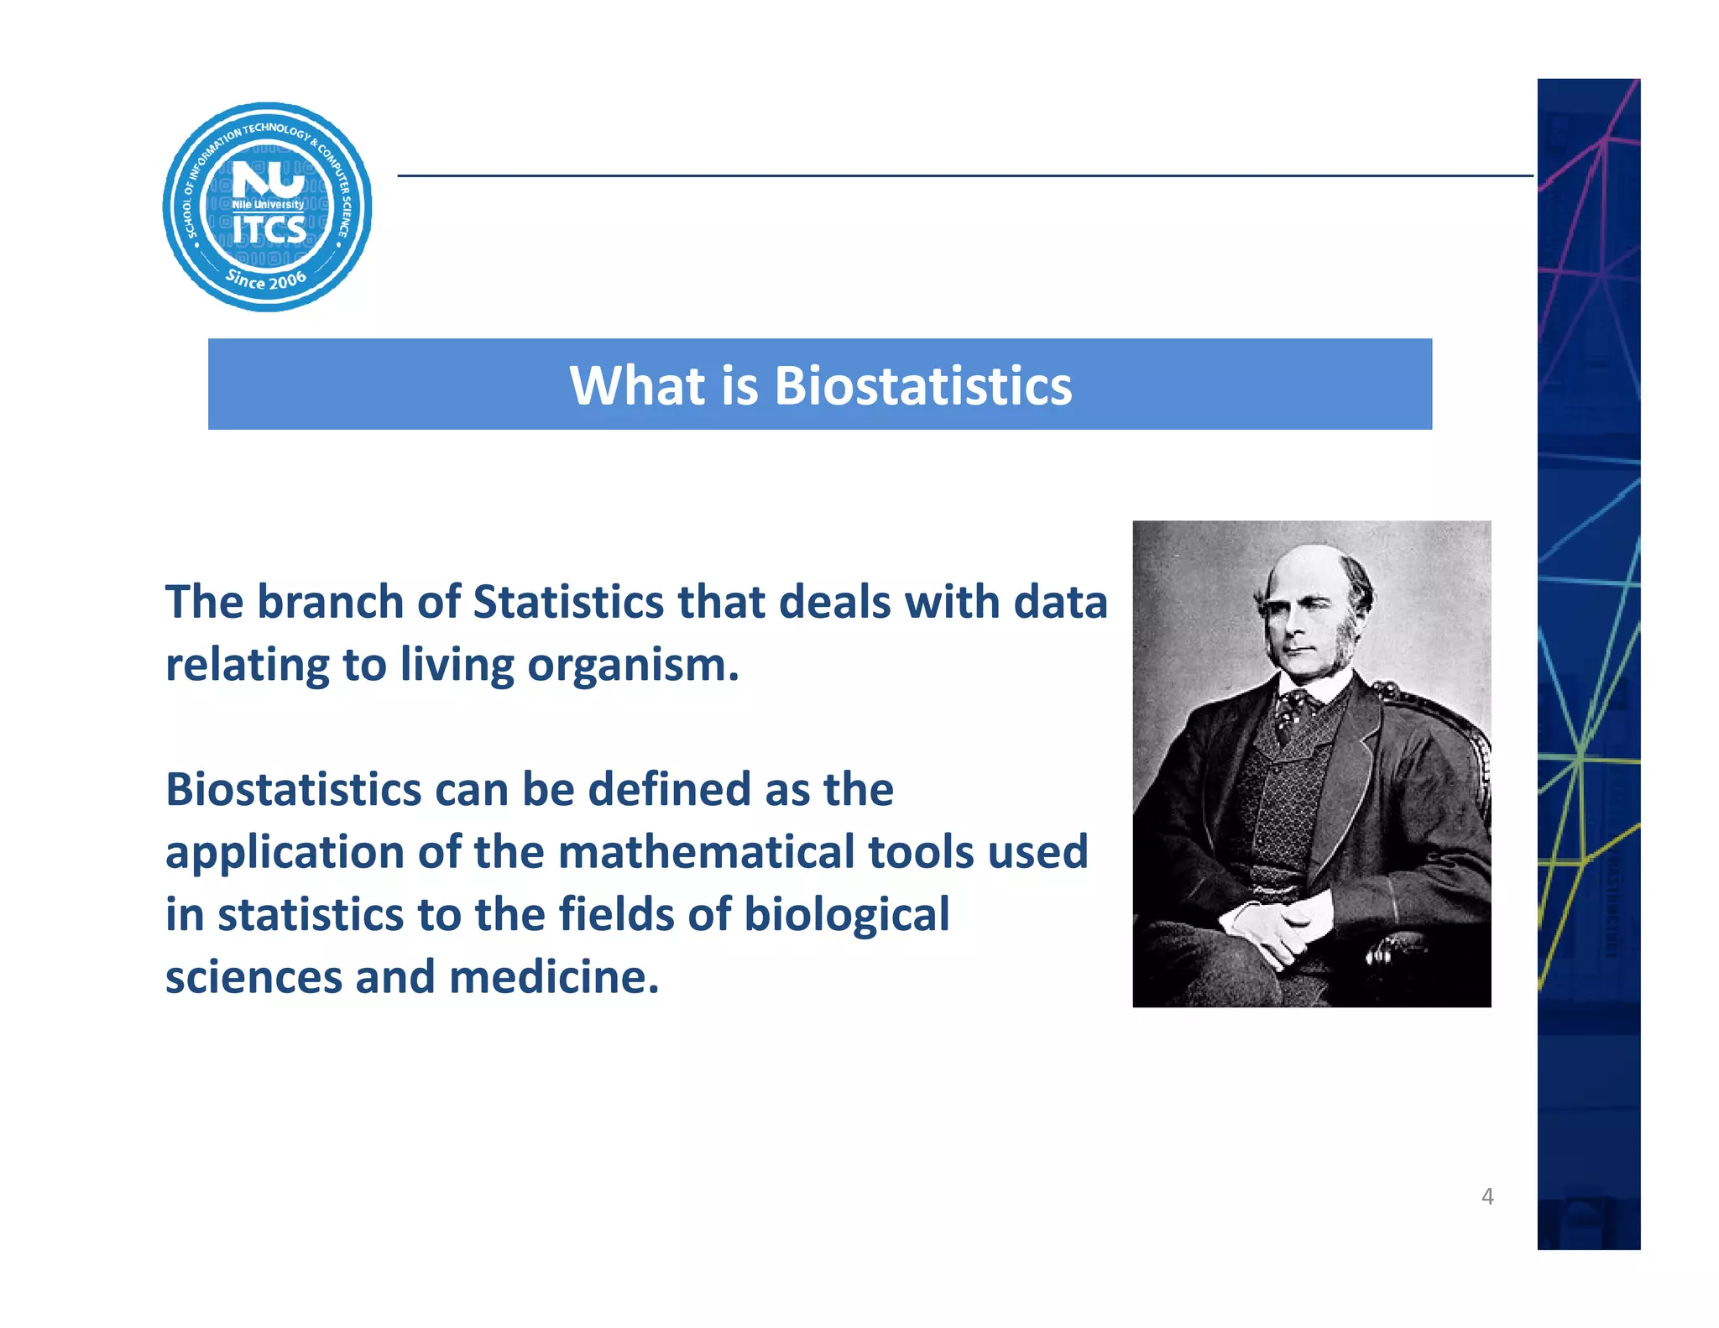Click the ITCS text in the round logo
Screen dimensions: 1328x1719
[x=269, y=230]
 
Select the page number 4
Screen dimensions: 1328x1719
[x=1487, y=1196]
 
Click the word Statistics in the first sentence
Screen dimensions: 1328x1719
[x=568, y=603]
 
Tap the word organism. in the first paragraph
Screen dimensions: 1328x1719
[x=633, y=666]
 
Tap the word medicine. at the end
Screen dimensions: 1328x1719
[x=554, y=977]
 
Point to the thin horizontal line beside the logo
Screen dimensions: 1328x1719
[x=965, y=176]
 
